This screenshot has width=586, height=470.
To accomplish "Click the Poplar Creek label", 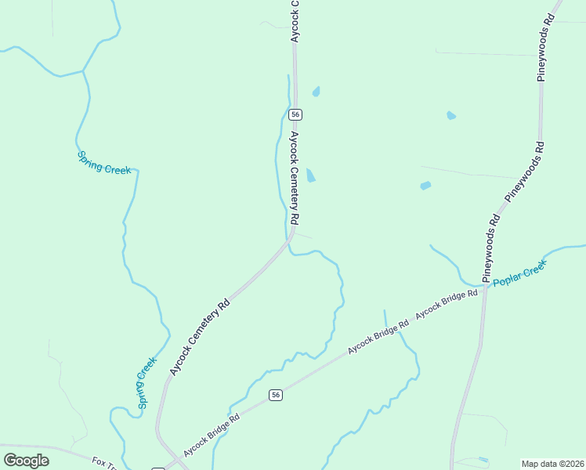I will (519, 275).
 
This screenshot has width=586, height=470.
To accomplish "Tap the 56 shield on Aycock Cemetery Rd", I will (295, 114).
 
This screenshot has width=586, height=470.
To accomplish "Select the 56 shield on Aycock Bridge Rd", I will (275, 395).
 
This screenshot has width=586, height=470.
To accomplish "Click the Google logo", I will (26, 461).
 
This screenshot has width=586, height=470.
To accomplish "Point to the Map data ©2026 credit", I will (553, 464).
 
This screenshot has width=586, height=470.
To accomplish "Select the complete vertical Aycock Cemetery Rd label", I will (295, 175).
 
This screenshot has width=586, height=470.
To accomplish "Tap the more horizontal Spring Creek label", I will (104, 162).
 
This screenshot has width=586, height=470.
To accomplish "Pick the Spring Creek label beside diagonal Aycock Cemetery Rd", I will (146, 383).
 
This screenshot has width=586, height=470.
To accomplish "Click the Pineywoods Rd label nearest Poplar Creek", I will (491, 248).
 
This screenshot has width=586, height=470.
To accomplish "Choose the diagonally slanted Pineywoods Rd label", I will (524, 172).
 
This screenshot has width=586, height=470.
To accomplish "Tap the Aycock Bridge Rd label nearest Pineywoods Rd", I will (447, 304).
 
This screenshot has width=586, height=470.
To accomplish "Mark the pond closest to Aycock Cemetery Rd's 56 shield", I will (317, 92).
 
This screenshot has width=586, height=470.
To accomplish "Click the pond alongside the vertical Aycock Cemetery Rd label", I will (310, 175).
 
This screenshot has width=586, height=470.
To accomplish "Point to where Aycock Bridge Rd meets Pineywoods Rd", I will (485, 287).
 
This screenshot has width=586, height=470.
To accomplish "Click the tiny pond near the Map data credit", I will (483, 459).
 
